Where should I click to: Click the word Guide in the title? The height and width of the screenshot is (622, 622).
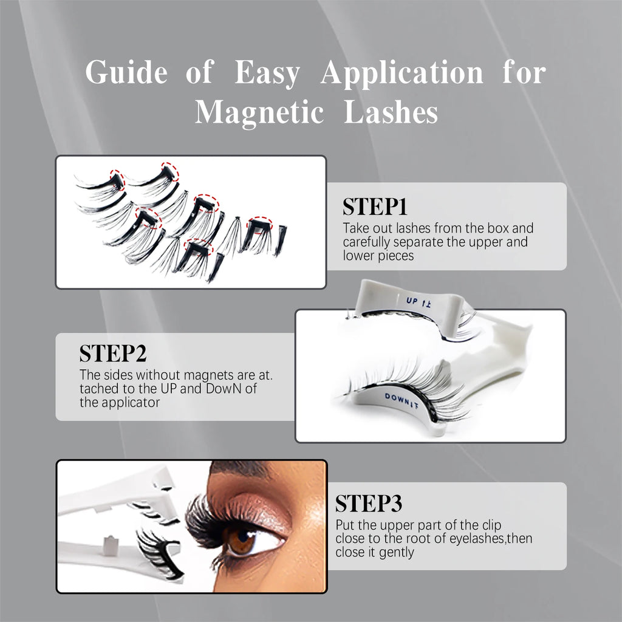[126, 73]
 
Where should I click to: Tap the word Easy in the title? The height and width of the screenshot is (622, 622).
[267, 73]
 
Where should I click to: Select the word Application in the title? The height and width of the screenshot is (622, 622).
[402, 73]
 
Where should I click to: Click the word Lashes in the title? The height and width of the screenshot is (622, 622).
[391, 112]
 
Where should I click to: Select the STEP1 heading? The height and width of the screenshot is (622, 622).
[375, 207]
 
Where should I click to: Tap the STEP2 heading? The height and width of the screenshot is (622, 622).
[113, 354]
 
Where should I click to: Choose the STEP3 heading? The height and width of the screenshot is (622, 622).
[368, 504]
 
